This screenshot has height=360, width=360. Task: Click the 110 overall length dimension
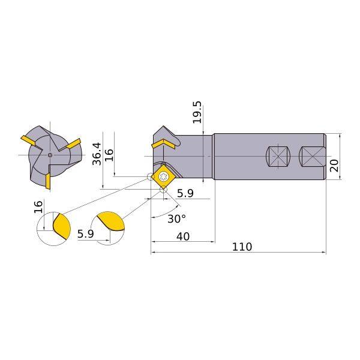(x=242, y=247)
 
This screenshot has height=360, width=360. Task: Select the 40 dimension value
(x=183, y=236)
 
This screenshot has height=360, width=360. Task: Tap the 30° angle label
(x=176, y=219)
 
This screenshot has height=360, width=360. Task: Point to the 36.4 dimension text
(x=97, y=154)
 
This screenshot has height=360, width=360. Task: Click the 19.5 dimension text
(x=197, y=112)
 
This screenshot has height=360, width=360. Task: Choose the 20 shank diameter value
(x=334, y=166)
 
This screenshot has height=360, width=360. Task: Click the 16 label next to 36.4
(x=109, y=155)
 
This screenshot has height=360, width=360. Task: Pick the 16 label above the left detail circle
(x=38, y=207)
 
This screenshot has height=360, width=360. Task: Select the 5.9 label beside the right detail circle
(x=85, y=234)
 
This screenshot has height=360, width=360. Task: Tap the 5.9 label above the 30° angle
(x=185, y=194)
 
